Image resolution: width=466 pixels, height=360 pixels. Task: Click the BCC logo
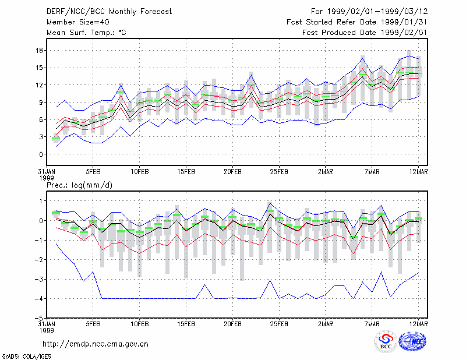tap(386, 342)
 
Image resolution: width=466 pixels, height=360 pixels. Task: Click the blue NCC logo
tap(412, 341)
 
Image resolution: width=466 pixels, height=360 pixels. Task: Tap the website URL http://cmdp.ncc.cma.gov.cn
tap(96, 344)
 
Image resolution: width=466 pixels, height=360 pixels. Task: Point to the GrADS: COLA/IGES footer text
tap(27, 357)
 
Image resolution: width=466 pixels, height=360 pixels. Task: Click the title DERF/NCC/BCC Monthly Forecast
tap(109, 12)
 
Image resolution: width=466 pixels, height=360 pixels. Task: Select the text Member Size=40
tap(78, 22)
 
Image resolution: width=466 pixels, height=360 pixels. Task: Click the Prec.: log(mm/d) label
tap(79, 185)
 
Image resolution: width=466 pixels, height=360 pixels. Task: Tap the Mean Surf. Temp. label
tap(86, 33)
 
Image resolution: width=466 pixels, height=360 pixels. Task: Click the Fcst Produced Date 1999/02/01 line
tap(365, 33)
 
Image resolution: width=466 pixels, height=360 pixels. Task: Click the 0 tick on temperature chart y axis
tap(41, 154)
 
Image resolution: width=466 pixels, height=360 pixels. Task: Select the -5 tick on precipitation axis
tap(38, 318)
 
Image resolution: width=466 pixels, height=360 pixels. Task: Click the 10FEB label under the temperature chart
tap(140, 172)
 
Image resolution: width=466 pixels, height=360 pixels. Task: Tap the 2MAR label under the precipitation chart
tap(326, 324)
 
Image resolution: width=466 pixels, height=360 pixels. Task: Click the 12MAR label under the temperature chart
tap(418, 172)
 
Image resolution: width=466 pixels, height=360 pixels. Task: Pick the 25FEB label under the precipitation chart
tap(279, 324)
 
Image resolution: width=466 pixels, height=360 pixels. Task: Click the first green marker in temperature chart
tap(56, 138)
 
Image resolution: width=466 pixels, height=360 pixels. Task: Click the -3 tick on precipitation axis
tap(38, 279)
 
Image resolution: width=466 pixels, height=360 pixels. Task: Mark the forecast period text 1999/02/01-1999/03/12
tap(377, 12)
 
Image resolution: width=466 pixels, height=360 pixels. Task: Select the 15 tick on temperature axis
tap(39, 68)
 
